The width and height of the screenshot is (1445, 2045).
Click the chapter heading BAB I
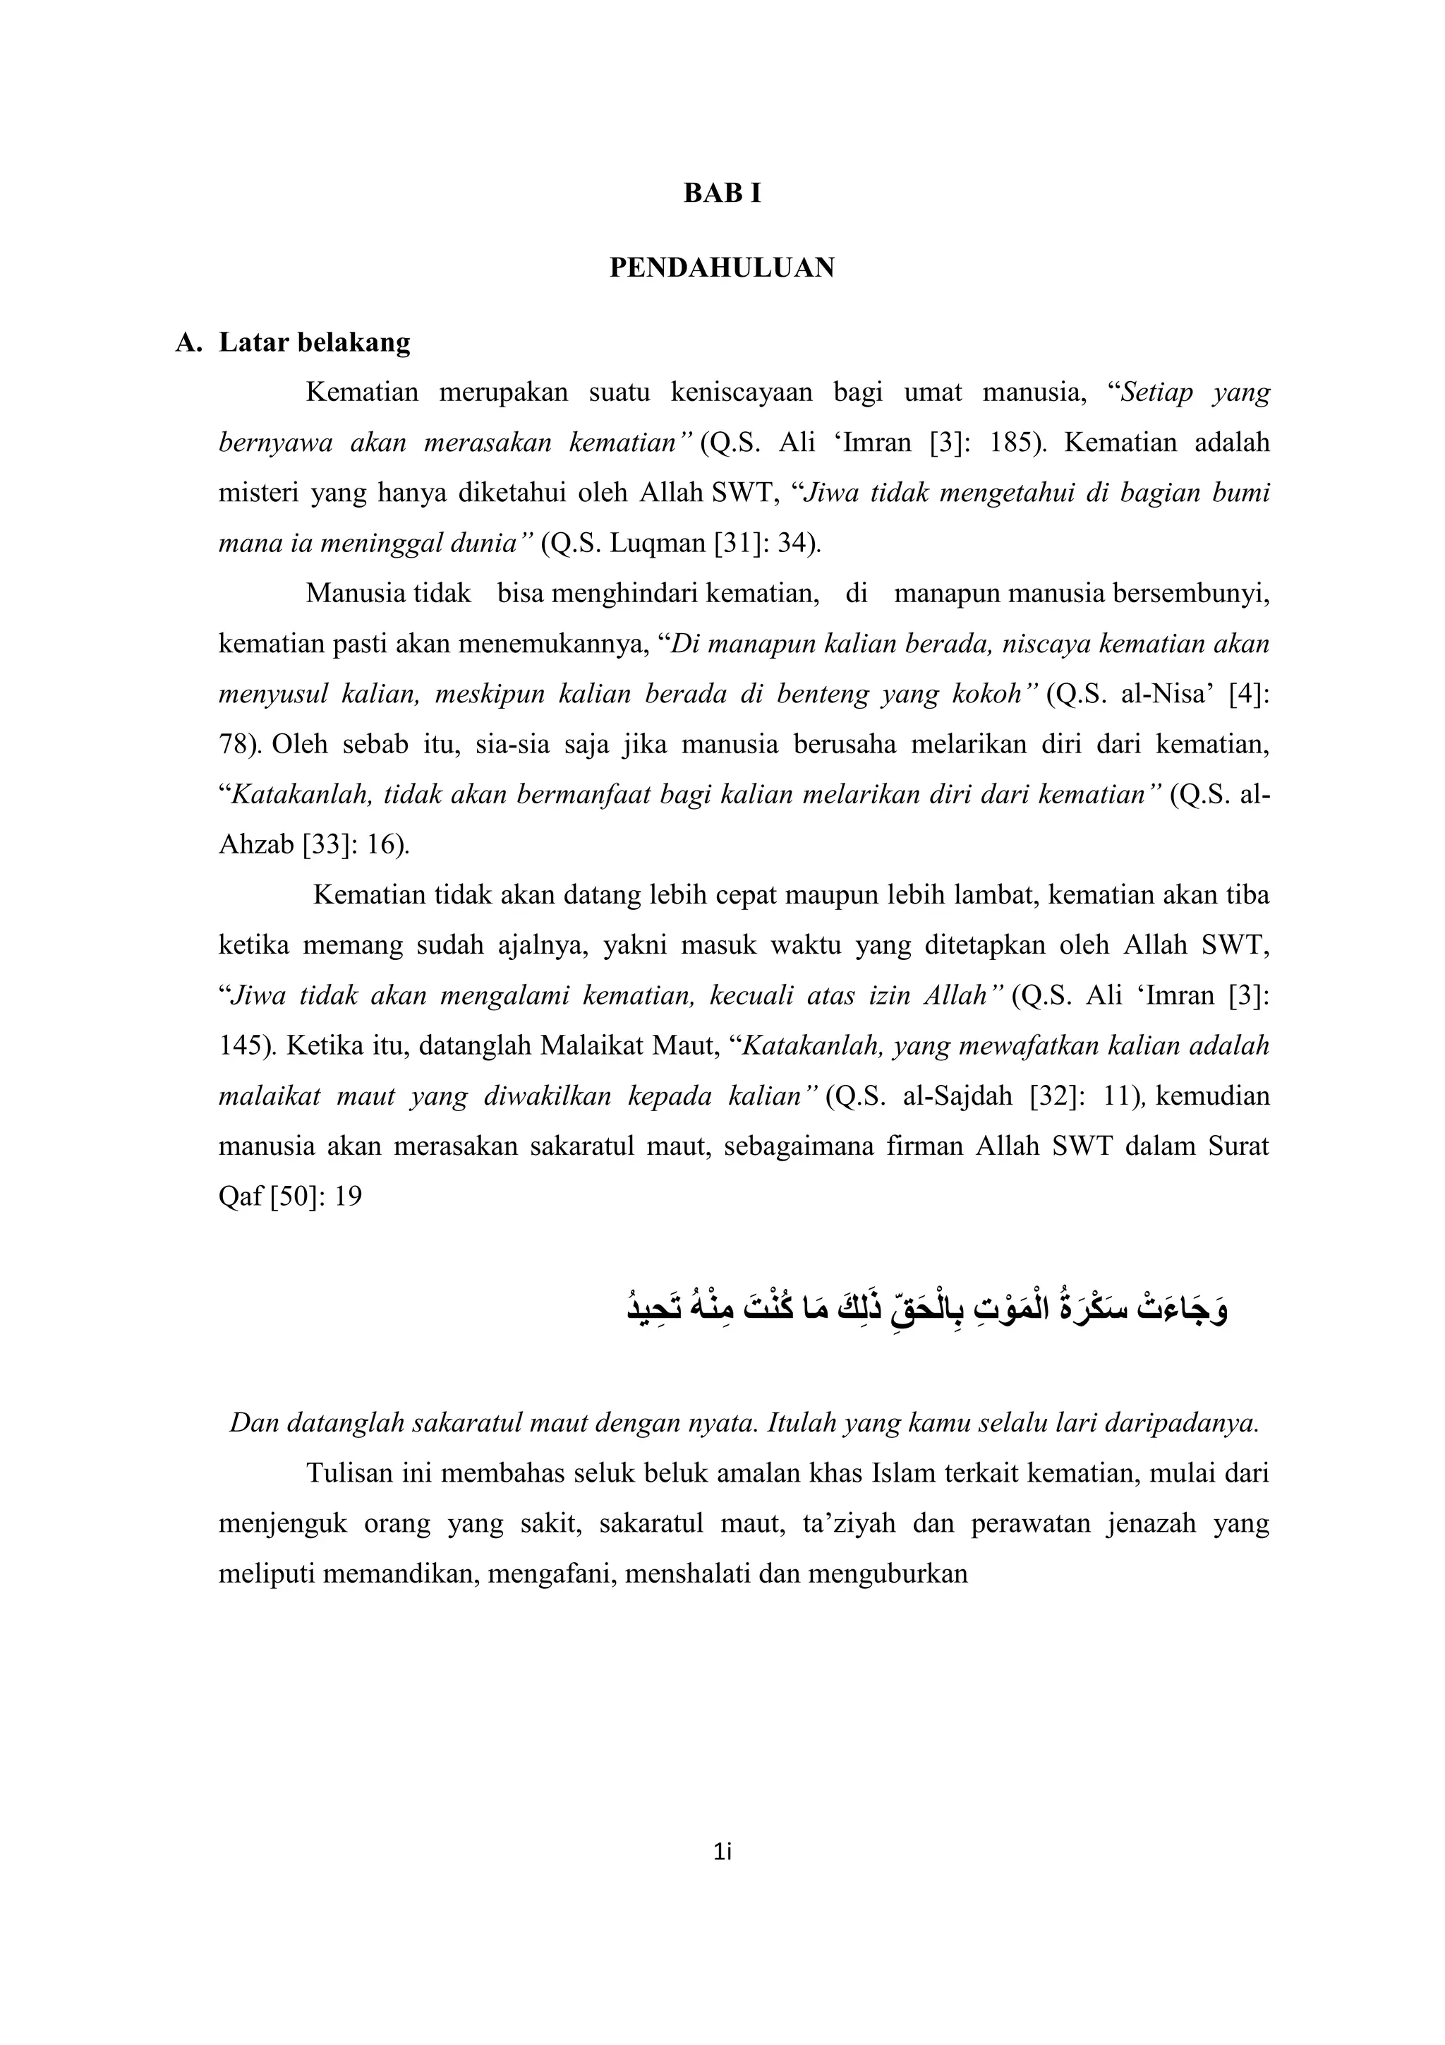click(722, 193)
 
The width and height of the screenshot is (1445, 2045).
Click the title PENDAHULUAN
click(722, 268)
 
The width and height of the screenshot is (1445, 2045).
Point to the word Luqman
click(658, 542)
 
